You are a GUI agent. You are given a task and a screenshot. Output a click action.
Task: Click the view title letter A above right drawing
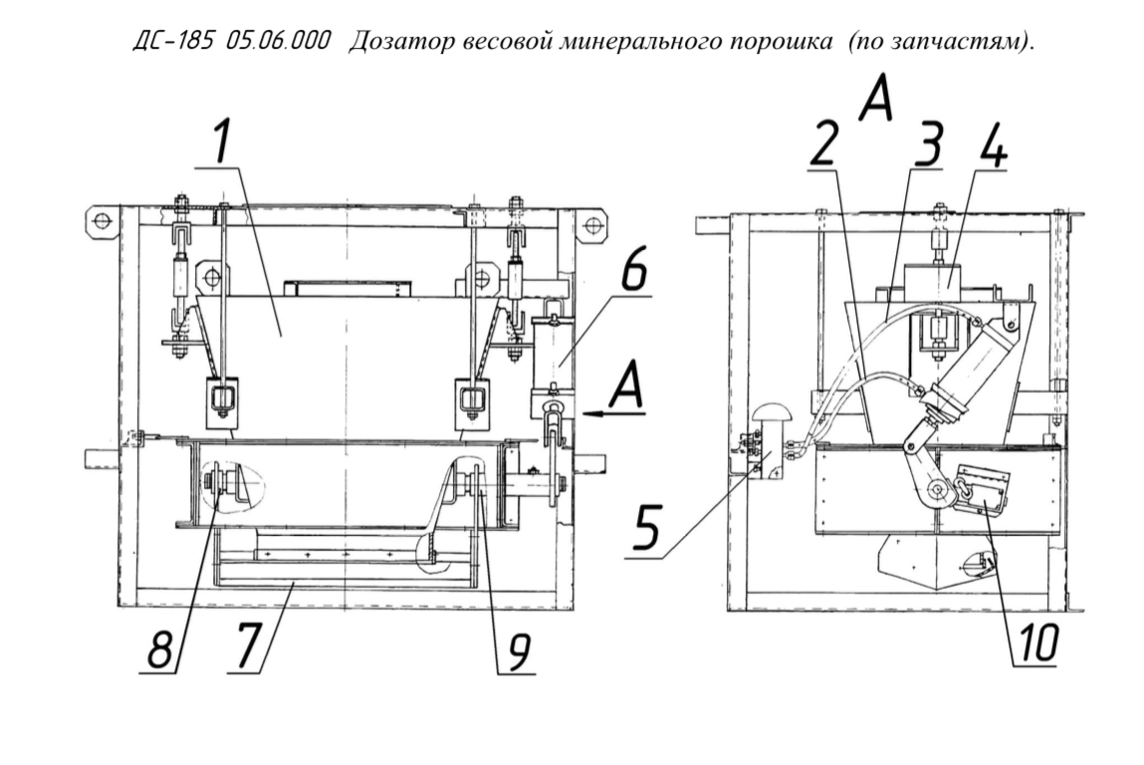point(875,100)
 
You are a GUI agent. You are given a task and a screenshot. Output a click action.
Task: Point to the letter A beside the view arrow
point(626,385)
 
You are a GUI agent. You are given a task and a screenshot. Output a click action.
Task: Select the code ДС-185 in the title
point(173,41)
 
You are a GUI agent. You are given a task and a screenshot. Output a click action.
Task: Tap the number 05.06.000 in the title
point(277,41)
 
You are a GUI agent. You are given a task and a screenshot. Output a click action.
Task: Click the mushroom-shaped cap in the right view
point(774,417)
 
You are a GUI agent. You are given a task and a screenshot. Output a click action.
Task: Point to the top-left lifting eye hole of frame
point(102,220)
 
